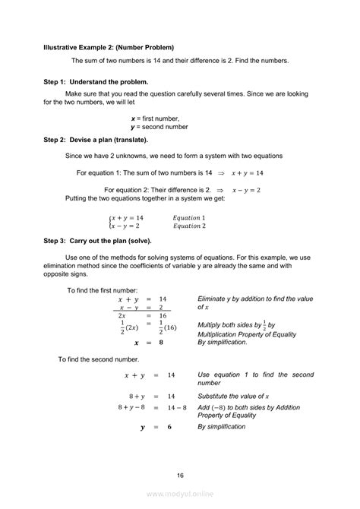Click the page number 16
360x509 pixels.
[x=180, y=475]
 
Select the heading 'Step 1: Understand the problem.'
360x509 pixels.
[x=96, y=81]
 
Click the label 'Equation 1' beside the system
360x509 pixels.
[x=188, y=217]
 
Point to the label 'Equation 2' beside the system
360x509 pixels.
[x=188, y=226]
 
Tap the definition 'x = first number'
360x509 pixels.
[x=155, y=119]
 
